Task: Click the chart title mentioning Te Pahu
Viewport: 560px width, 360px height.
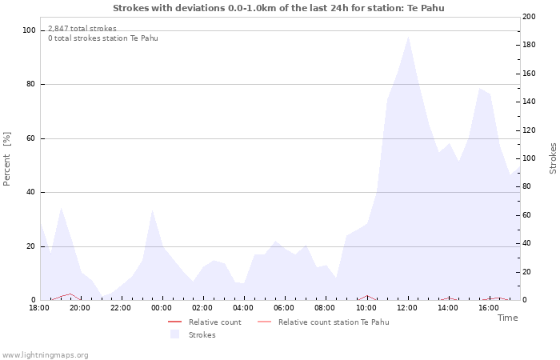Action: pyautogui.click(x=278, y=8)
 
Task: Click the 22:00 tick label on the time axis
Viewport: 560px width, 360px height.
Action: pyautogui.click(x=121, y=308)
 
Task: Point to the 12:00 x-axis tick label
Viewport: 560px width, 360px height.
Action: pyautogui.click(x=407, y=308)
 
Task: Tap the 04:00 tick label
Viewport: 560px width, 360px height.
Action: pyautogui.click(x=243, y=308)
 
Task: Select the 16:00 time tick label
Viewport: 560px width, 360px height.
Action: pyautogui.click(x=489, y=308)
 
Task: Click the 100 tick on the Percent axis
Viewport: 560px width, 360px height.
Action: pyautogui.click(x=29, y=30)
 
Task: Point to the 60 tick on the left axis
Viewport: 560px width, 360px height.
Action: pyautogui.click(x=31, y=138)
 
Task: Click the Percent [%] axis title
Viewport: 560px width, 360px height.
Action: pyautogui.click(x=7, y=158)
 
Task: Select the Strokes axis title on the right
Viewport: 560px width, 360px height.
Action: pyautogui.click(x=553, y=158)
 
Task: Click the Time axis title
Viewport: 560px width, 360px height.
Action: pyautogui.click(x=507, y=318)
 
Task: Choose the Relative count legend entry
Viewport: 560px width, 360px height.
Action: pyautogui.click(x=214, y=322)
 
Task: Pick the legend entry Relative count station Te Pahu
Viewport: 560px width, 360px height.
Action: pyautogui.click(x=334, y=322)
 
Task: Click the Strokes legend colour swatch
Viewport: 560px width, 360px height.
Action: pyautogui.click(x=174, y=334)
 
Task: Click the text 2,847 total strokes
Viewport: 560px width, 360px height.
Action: pyautogui.click(x=82, y=29)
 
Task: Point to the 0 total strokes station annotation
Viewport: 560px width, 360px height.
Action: pyautogui.click(x=102, y=38)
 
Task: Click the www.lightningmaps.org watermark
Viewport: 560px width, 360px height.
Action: pyautogui.click(x=46, y=355)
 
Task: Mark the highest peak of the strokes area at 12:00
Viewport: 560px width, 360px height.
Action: pyautogui.click(x=408, y=37)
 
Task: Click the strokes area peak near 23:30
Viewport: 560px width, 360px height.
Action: pyautogui.click(x=152, y=211)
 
